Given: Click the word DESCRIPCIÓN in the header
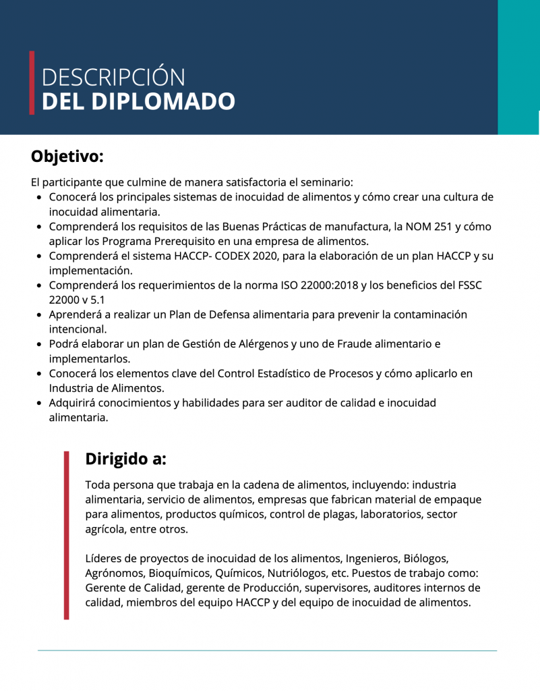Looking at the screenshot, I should pos(113,77).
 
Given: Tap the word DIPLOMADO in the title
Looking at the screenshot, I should pos(162,101).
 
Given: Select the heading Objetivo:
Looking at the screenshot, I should pos(67,156).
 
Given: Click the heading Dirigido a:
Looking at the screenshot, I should pos(125,459).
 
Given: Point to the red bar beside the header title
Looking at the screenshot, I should pos(32,82).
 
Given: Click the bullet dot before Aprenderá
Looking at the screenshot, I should pos(41,315).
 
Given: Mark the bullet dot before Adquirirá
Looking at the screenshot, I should pos(41,404).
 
